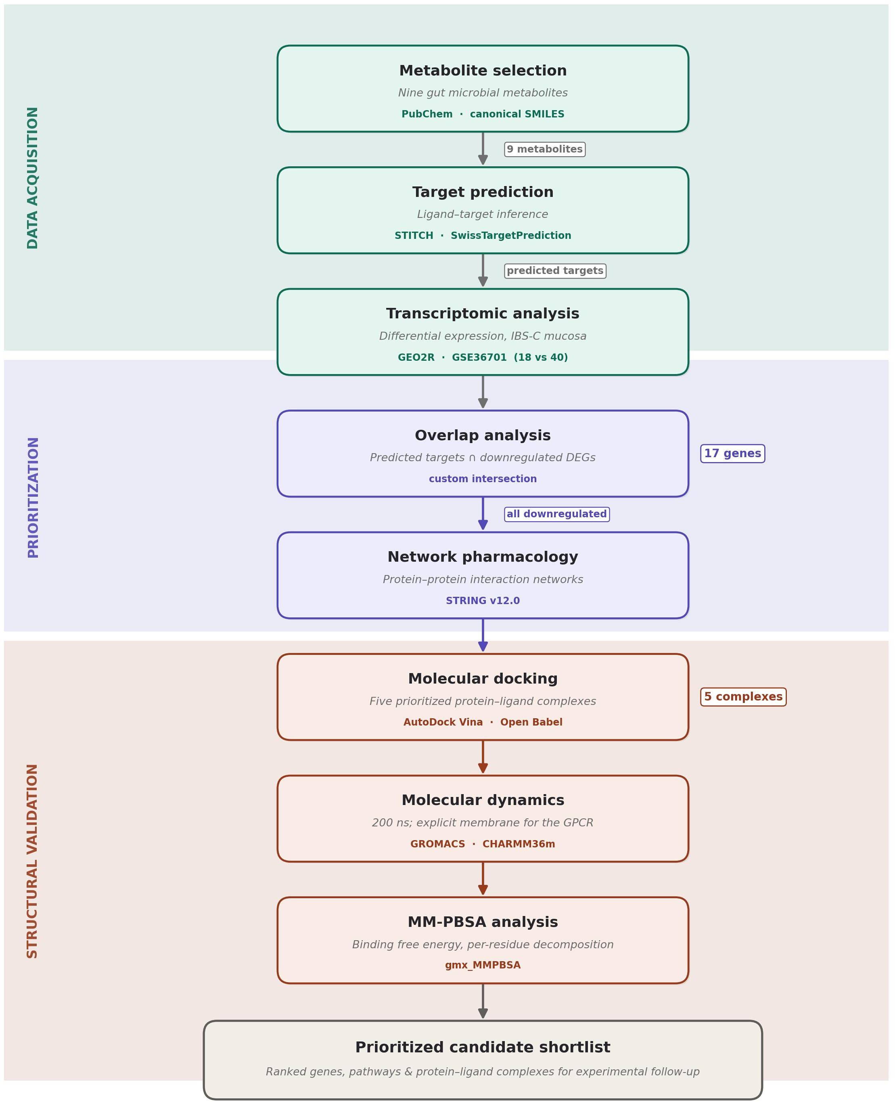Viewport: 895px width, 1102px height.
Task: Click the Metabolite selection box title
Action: pyautogui.click(x=483, y=71)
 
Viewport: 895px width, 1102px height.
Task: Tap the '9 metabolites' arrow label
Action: pyautogui.click(x=544, y=149)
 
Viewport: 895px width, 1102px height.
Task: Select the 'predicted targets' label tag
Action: pyautogui.click(x=555, y=271)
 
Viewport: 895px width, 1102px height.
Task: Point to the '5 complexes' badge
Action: pyautogui.click(x=743, y=697)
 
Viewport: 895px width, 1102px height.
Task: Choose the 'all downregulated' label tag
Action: pyautogui.click(x=556, y=514)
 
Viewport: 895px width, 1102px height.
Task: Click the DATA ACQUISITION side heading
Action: pyautogui.click(x=32, y=178)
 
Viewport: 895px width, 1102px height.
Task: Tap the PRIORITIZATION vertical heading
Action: pyautogui.click(x=32, y=498)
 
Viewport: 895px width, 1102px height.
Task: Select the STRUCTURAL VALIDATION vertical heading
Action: pyautogui.click(x=32, y=861)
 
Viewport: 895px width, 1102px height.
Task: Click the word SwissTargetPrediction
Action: pyautogui.click(x=511, y=236)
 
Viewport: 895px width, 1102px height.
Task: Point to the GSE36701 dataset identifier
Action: pyautogui.click(x=479, y=357)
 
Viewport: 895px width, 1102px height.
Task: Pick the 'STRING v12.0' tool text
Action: pyautogui.click(x=483, y=601)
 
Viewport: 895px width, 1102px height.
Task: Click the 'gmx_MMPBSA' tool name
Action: pyautogui.click(x=483, y=965)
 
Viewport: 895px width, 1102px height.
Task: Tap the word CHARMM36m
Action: pyautogui.click(x=519, y=844)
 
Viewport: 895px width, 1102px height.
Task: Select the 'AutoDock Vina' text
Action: pyautogui.click(x=443, y=723)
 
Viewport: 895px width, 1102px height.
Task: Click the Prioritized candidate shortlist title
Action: pyautogui.click(x=483, y=1048)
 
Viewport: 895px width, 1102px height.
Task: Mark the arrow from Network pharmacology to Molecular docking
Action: pyautogui.click(x=483, y=635)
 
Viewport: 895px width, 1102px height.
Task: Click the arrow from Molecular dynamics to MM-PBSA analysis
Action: pyautogui.click(x=483, y=879)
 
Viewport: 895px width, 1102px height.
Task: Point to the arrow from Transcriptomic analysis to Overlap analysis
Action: pyautogui.click(x=483, y=392)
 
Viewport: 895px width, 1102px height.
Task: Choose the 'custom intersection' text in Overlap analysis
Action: pyautogui.click(x=483, y=479)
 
